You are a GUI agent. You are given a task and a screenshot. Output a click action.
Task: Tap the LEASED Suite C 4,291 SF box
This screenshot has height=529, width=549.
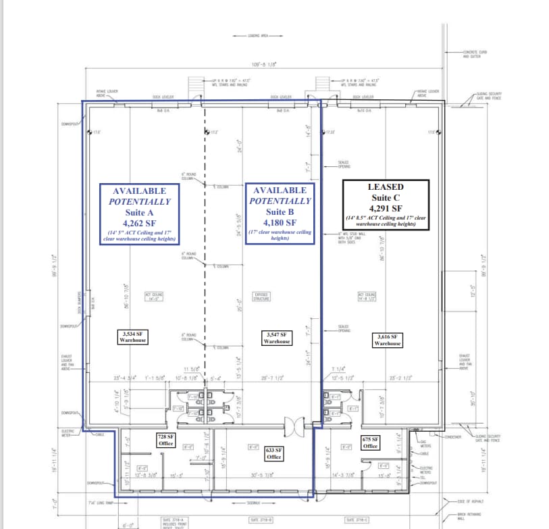(386, 205)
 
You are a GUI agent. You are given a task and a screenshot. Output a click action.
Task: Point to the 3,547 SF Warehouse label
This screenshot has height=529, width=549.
(277, 338)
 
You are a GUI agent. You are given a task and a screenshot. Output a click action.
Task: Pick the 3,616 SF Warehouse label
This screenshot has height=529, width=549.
(388, 339)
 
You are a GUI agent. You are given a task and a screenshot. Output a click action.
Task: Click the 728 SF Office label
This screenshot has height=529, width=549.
(166, 440)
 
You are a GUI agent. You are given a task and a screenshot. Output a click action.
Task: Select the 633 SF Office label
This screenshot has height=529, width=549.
(273, 453)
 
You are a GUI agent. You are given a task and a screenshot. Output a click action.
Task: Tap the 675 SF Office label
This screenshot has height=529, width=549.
(370, 443)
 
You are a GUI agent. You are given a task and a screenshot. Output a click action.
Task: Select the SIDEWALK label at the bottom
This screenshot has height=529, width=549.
(256, 503)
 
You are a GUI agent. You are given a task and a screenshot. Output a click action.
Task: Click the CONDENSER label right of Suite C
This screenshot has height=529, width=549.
(452, 436)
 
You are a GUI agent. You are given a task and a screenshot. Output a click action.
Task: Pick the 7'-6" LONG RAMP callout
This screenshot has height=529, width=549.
(101, 503)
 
